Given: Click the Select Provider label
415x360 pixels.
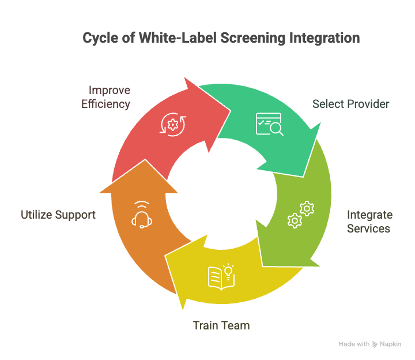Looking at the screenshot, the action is [x=350, y=104].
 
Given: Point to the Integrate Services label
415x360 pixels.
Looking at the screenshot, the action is [x=369, y=222].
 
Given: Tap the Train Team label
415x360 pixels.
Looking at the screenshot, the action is [x=221, y=325].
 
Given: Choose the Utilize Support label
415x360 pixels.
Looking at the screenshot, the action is [x=58, y=215].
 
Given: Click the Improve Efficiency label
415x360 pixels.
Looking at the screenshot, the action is [x=105, y=97].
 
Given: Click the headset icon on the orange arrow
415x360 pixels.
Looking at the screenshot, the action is [x=142, y=215].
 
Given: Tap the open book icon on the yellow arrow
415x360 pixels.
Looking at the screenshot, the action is [x=218, y=279].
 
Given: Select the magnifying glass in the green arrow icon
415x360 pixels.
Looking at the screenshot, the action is [x=276, y=129].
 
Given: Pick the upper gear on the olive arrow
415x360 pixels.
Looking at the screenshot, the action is [x=307, y=208].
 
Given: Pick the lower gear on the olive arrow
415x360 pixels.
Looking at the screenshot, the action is [x=295, y=220].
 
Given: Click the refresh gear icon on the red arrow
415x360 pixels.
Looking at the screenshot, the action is [x=173, y=125].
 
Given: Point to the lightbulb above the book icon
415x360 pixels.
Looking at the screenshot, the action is [x=228, y=271].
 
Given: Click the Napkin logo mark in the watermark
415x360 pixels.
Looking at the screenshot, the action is [x=375, y=344].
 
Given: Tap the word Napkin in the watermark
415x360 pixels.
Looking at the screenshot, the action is [x=390, y=344].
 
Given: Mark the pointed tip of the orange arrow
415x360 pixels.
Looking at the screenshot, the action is [x=145, y=159].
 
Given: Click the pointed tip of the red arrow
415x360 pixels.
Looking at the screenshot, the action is [x=231, y=111].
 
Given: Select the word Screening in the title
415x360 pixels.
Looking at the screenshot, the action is [x=253, y=38].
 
